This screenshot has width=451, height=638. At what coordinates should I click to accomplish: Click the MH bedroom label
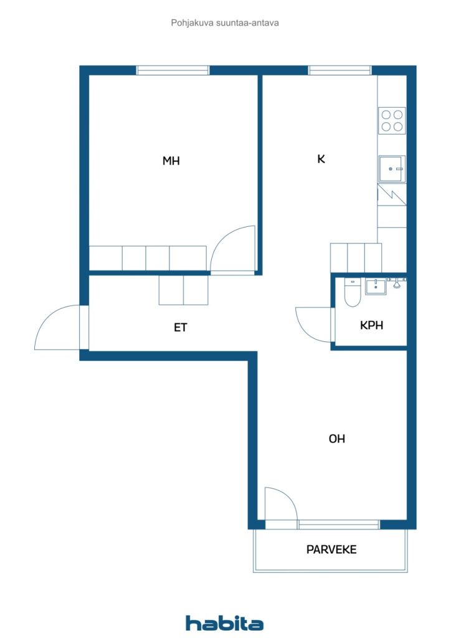[x=171, y=161]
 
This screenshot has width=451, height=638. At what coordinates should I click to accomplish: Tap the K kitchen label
[x=321, y=159]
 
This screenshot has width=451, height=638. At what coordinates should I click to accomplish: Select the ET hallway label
[x=181, y=327]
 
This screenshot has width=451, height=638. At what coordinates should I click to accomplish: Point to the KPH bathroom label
[x=371, y=325]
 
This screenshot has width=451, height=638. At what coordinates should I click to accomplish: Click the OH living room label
[x=337, y=439]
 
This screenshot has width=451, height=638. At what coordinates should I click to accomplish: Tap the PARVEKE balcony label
[x=331, y=550]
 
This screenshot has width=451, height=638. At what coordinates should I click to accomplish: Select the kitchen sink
[x=392, y=168]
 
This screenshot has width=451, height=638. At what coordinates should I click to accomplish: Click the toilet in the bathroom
[x=351, y=295]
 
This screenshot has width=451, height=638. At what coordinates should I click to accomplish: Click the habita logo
[x=224, y=623]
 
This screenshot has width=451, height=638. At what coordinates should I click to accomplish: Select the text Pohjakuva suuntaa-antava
[x=225, y=23]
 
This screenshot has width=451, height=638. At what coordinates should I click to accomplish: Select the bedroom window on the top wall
[x=173, y=70]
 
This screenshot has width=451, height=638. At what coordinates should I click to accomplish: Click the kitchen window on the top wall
[x=339, y=70]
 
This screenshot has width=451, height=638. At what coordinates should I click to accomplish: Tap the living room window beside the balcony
[x=338, y=525]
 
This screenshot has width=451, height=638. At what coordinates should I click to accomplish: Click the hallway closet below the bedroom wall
[x=183, y=290]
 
